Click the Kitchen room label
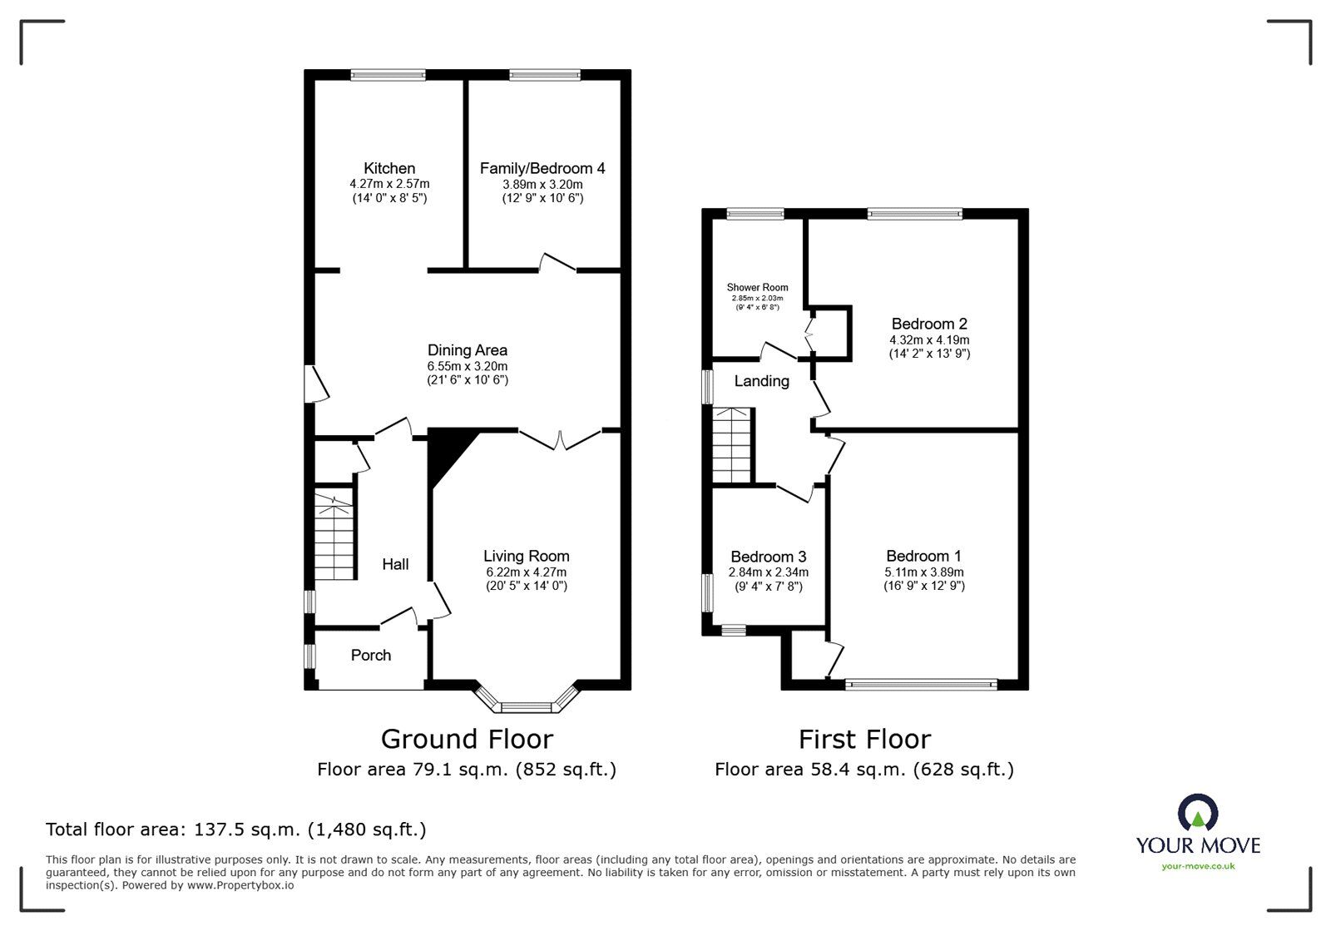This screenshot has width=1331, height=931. (x=388, y=168)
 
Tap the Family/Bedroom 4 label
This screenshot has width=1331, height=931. (x=542, y=168)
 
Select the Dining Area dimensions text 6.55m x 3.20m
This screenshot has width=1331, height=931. (x=466, y=365)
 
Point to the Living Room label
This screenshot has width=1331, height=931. (x=527, y=556)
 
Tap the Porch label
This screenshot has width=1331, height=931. (x=371, y=655)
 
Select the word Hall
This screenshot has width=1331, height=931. (x=395, y=564)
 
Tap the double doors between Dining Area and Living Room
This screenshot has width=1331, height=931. (x=560, y=439)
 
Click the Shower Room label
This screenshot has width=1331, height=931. (x=757, y=288)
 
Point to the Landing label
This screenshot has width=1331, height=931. (x=761, y=381)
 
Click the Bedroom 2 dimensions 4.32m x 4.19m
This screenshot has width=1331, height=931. (x=929, y=339)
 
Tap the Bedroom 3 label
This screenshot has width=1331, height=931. (x=768, y=557)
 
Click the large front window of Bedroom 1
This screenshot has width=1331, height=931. (x=920, y=684)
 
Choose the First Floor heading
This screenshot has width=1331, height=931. (x=864, y=739)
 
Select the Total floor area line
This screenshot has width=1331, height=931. (x=235, y=829)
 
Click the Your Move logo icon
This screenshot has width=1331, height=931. (x=1198, y=812)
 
